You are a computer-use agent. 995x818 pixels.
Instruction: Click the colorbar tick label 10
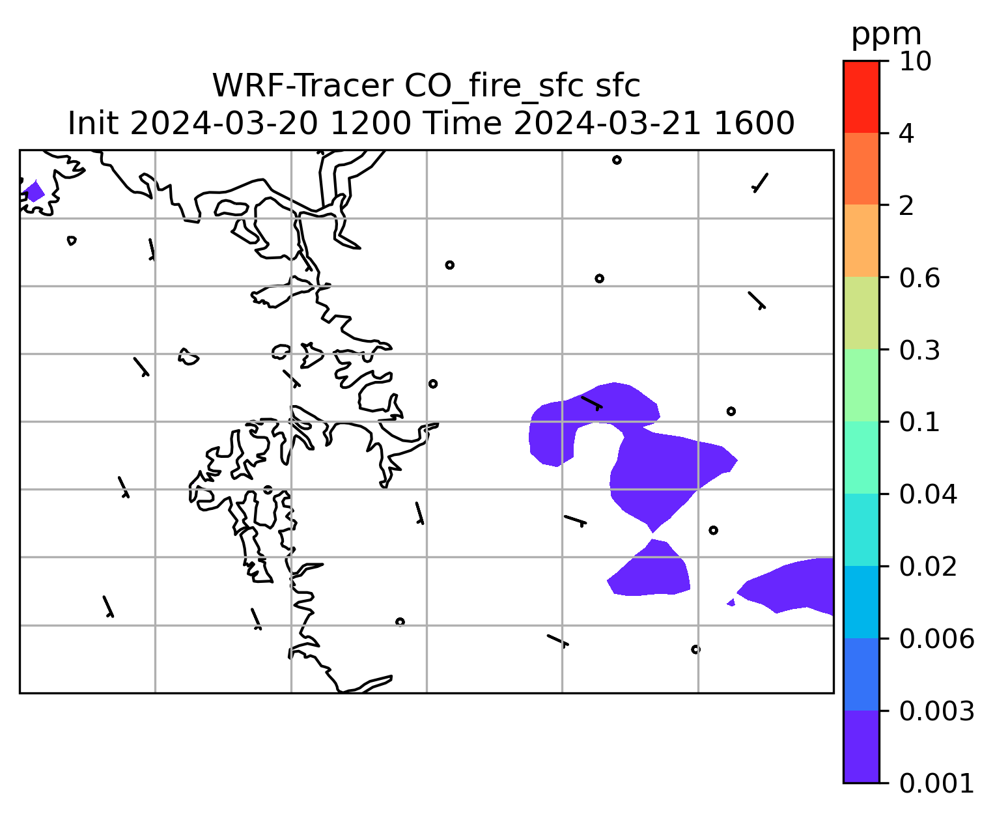tap(915, 61)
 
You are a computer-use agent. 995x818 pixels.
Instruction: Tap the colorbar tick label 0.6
tap(919, 278)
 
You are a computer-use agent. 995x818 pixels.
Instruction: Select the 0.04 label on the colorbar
tap(927, 494)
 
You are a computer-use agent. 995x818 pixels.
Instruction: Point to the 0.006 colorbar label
tap(936, 639)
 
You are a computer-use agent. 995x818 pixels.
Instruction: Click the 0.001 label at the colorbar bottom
tap(936, 783)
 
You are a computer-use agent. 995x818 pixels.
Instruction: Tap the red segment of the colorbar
tap(861, 96)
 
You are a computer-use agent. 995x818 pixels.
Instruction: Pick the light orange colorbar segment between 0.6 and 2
tap(861, 240)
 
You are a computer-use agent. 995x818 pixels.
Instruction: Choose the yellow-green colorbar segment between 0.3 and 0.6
tap(861, 313)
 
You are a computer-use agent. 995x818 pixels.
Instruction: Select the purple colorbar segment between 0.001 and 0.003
tap(861, 747)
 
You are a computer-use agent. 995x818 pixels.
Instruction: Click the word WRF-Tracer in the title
tap(302, 86)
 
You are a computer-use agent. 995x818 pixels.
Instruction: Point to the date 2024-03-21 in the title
tap(607, 123)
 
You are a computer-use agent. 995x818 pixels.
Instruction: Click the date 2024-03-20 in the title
tap(223, 123)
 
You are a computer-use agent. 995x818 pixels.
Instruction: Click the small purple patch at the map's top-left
tap(33, 191)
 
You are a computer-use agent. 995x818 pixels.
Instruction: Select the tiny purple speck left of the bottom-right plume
tap(732, 602)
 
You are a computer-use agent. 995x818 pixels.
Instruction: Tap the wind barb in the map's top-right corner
tap(760, 182)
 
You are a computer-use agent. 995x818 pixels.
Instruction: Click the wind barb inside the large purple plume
tap(592, 403)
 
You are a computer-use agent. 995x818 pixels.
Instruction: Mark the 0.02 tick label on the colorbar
tap(927, 566)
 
